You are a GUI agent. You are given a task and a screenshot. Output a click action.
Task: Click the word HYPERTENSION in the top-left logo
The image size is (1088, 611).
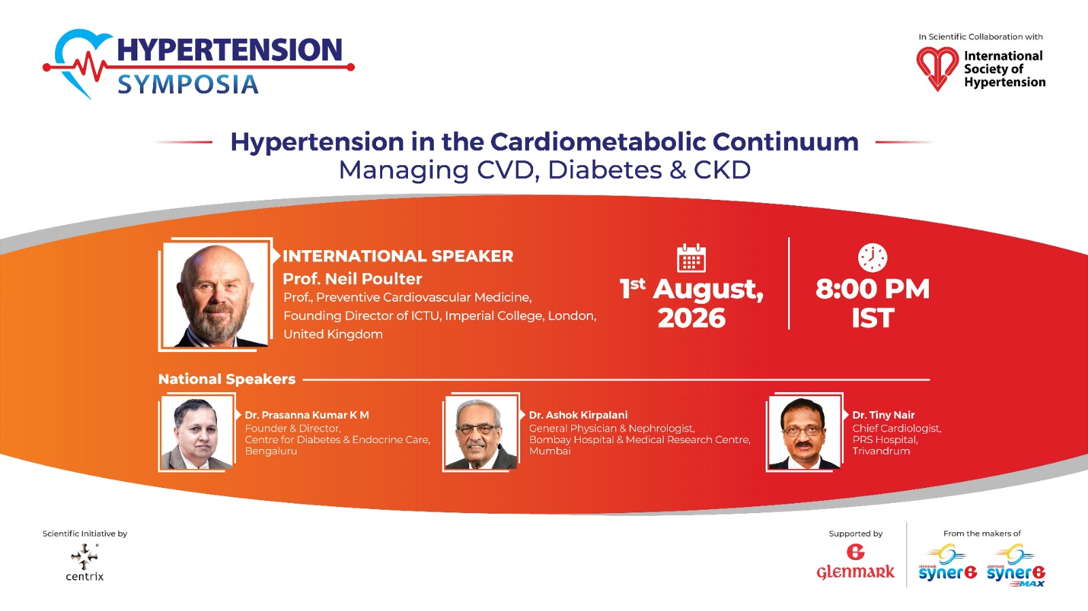click(x=230, y=50)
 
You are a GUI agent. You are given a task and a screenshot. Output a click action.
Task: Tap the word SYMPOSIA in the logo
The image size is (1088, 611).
click(x=188, y=84)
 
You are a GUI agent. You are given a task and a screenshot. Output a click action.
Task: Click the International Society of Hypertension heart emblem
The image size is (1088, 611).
click(x=937, y=69)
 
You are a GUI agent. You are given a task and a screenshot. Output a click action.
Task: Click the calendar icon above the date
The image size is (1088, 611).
click(x=691, y=258)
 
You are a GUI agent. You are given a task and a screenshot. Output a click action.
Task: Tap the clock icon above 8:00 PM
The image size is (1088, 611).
click(x=872, y=258)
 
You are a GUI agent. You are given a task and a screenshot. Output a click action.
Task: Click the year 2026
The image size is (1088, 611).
click(x=692, y=318)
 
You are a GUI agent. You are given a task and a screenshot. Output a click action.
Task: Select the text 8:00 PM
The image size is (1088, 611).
click(x=872, y=290)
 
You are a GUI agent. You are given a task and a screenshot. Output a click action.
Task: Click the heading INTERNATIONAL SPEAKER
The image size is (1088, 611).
click(x=398, y=256)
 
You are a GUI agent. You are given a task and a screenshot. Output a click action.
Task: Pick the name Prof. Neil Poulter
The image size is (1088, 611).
click(x=352, y=279)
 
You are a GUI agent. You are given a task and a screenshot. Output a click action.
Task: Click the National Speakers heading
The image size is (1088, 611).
click(x=227, y=379)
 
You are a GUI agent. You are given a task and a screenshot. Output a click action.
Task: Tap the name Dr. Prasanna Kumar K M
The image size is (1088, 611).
click(x=307, y=415)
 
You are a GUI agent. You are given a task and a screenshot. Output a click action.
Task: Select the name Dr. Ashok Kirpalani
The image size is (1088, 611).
click(x=578, y=415)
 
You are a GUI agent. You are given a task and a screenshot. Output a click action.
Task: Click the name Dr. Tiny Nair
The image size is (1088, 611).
click(x=883, y=415)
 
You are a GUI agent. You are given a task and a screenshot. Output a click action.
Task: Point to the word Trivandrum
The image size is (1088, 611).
click(x=881, y=451)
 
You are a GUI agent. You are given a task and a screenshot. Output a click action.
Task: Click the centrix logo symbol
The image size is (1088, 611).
click(x=84, y=556)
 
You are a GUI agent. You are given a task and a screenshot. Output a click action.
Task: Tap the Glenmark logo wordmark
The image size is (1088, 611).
click(x=855, y=572)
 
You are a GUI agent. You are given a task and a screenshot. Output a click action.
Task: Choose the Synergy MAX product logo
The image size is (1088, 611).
click(x=1016, y=566)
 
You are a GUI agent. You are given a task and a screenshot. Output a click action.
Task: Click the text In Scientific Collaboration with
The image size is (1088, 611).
click(x=981, y=37)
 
